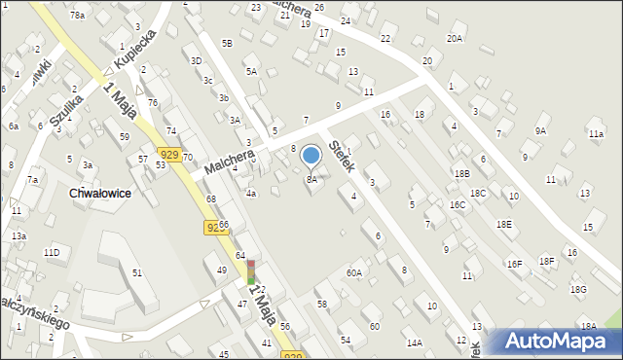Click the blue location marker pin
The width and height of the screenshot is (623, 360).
coord(311,155)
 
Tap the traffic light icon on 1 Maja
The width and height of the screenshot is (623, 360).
coord(251,271)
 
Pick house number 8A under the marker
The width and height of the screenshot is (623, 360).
coord(311,179)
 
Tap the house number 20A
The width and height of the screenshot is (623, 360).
coord(455,38)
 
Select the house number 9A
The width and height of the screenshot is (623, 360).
coord(540,130)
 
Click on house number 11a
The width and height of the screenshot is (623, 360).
coord(596,133)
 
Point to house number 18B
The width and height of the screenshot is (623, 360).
coord(461,173)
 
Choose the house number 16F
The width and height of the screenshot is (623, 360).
coord(514,264)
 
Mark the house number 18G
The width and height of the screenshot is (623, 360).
coord(578,289)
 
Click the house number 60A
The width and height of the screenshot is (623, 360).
coord(353,273)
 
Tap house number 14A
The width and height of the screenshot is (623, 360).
coord(415,342)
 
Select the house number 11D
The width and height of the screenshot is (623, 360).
coord(52,253)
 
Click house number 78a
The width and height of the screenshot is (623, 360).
coord(77,16)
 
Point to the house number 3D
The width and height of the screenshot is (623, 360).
coord(196,60)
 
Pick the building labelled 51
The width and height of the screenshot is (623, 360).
coord(136,274)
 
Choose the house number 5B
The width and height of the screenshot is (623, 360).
coord(227,43)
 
